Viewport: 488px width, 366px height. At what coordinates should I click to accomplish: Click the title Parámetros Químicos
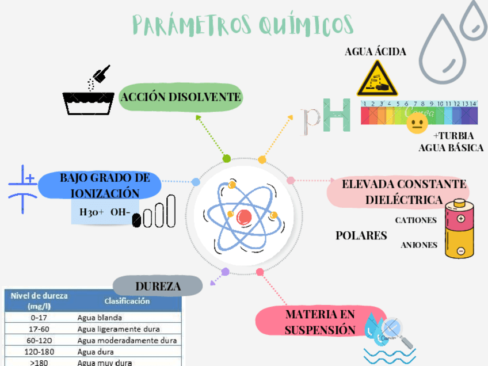coord(242,24)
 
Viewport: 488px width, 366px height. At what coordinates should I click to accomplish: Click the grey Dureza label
coord(158,285)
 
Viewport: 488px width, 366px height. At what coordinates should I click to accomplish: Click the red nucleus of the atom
coord(244,216)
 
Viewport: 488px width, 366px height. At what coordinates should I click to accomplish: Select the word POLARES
coord(361,236)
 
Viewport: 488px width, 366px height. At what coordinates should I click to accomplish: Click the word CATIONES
coord(415,220)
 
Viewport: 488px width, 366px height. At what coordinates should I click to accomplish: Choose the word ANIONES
coord(418,245)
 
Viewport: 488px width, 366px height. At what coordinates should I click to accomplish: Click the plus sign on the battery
coord(460,218)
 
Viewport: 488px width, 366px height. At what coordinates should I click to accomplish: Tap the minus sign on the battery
coord(460,251)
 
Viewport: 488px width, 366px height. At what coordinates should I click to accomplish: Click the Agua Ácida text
coord(375,52)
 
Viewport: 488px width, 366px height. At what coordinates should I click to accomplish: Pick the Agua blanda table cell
coord(100,317)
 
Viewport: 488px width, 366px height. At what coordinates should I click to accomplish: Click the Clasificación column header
coord(127,301)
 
